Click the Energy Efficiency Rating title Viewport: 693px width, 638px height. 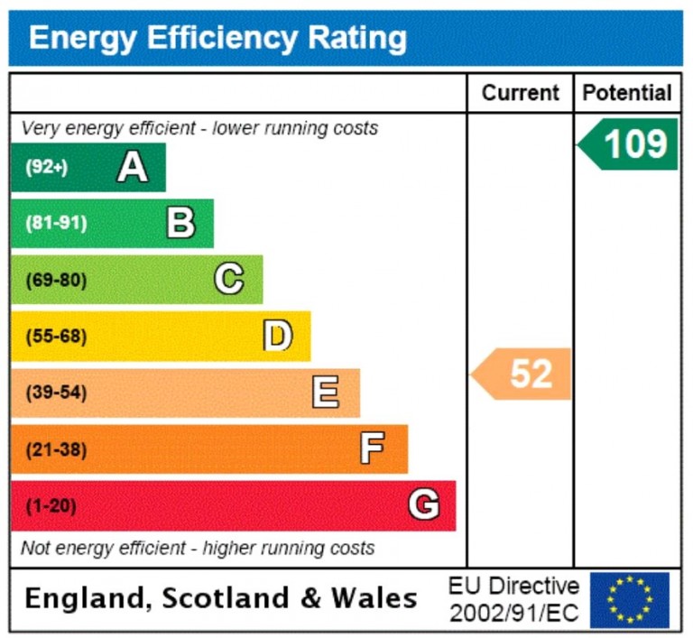(217, 39)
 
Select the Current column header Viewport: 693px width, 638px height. (520, 93)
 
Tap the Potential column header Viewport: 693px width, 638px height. (627, 93)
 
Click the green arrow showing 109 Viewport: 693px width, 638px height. (629, 144)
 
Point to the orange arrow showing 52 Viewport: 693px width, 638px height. (523, 374)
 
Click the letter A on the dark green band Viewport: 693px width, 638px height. (133, 167)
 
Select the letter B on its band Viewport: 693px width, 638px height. (180, 223)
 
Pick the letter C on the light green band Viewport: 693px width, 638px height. (228, 280)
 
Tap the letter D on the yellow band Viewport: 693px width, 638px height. (277, 336)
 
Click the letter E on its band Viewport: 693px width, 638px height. (325, 393)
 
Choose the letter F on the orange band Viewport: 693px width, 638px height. (372, 448)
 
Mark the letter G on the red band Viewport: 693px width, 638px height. (423, 505)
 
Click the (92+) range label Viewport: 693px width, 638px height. (47, 167)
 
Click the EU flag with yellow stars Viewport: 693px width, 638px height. (630, 599)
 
